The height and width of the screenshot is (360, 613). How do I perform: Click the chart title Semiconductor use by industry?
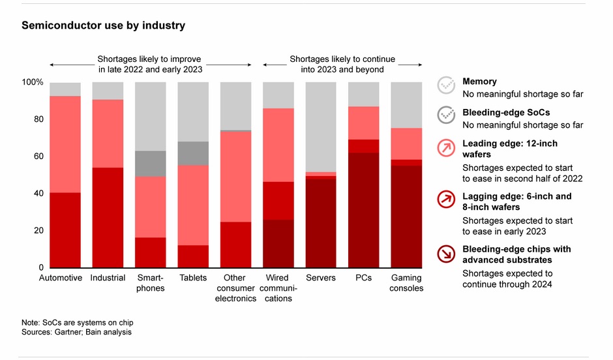[x=103, y=25]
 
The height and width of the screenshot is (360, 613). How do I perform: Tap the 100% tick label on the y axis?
[x=33, y=83]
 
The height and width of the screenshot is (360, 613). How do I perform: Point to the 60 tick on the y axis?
[x=38, y=157]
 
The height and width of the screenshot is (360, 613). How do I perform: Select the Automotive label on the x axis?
[x=61, y=278]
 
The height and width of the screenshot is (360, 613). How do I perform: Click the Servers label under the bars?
[x=320, y=278]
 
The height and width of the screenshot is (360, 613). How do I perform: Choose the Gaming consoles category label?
[x=406, y=283]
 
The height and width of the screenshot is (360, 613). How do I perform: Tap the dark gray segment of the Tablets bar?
[x=193, y=153]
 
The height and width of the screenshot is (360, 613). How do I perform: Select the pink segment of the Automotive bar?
[x=65, y=144]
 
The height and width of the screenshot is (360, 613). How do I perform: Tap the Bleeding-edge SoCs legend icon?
[x=447, y=115]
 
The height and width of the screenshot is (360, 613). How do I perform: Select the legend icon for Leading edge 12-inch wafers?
[x=447, y=148]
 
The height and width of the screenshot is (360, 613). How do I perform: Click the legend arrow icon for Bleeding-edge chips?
[x=447, y=254]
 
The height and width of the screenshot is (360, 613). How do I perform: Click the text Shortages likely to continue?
[x=342, y=59]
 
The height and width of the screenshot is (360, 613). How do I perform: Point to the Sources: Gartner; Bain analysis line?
[x=76, y=333]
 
